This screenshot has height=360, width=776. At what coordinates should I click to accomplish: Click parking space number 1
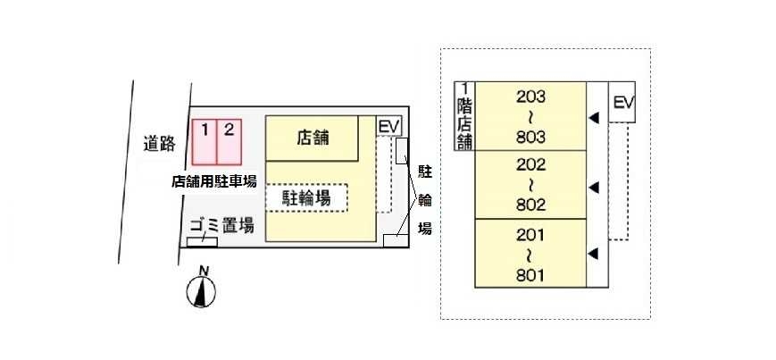[204, 142]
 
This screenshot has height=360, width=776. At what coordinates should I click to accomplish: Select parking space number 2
[229, 142]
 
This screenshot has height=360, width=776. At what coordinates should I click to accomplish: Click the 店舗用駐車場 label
[214, 180]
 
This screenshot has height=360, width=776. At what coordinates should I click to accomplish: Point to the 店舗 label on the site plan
[313, 138]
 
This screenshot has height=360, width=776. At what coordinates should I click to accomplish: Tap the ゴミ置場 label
[221, 226]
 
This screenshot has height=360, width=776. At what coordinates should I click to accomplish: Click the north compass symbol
[204, 291]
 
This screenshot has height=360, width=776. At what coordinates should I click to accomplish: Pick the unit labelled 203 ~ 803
[530, 116]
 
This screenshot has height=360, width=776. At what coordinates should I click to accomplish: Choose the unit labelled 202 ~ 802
[530, 185]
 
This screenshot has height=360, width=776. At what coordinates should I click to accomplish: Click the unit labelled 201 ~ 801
[530, 254]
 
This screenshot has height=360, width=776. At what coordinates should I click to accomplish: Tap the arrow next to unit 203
[591, 117]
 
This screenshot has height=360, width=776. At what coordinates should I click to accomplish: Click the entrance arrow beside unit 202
[591, 187]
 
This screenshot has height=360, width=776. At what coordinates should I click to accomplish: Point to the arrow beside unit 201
[591, 255]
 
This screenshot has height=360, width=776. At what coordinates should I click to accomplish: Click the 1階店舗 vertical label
[464, 116]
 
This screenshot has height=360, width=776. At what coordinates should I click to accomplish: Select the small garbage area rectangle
[204, 241]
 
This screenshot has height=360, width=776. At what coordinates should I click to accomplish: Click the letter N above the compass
[204, 271]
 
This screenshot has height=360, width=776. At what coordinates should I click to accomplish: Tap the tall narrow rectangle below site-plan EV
[402, 150]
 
